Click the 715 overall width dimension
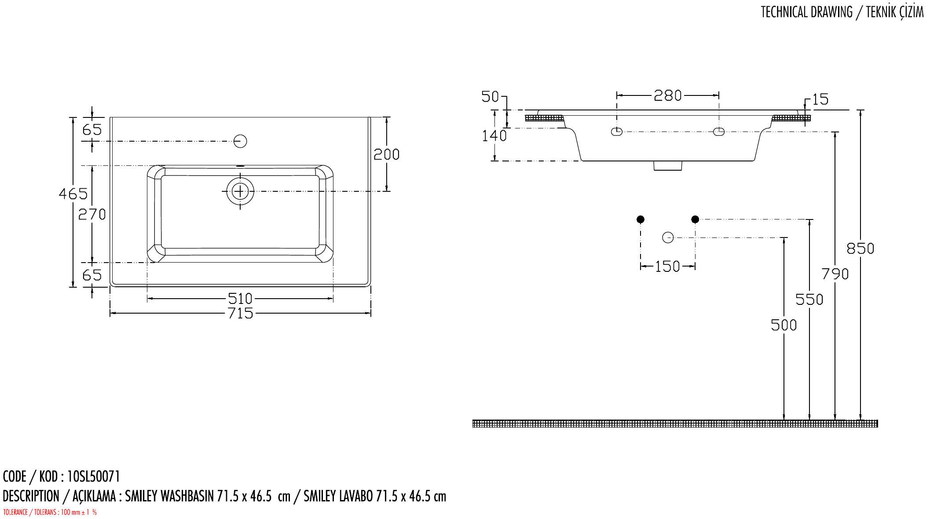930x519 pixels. pyautogui.click(x=241, y=313)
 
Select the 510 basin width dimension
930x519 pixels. pyautogui.click(x=240, y=299)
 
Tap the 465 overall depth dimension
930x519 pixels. pyautogui.click(x=73, y=194)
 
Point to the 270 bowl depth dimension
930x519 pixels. pyautogui.click(x=92, y=214)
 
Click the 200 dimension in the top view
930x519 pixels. pyautogui.click(x=387, y=154)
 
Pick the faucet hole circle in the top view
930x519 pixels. pyautogui.click(x=240, y=141)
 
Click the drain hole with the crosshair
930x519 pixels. pyautogui.click(x=240, y=191)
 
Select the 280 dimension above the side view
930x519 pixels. pyautogui.click(x=668, y=95)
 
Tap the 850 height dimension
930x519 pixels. pyautogui.click(x=860, y=249)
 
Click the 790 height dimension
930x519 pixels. pyautogui.click(x=835, y=274)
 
